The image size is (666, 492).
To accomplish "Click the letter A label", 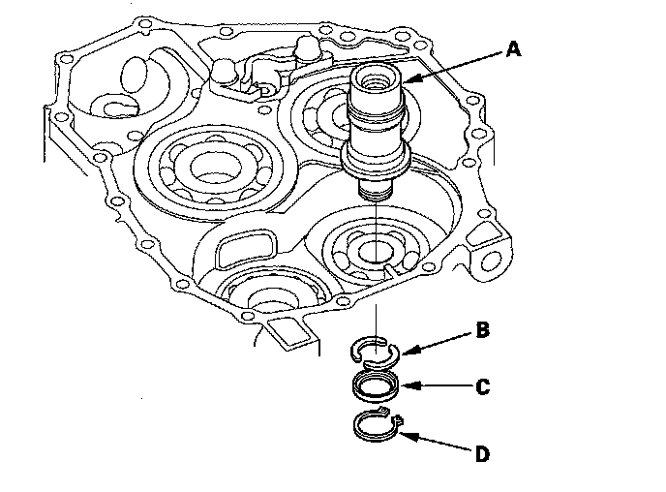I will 513,49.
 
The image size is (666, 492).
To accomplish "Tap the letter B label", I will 482,331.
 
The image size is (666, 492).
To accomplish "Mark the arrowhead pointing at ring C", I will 406,386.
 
